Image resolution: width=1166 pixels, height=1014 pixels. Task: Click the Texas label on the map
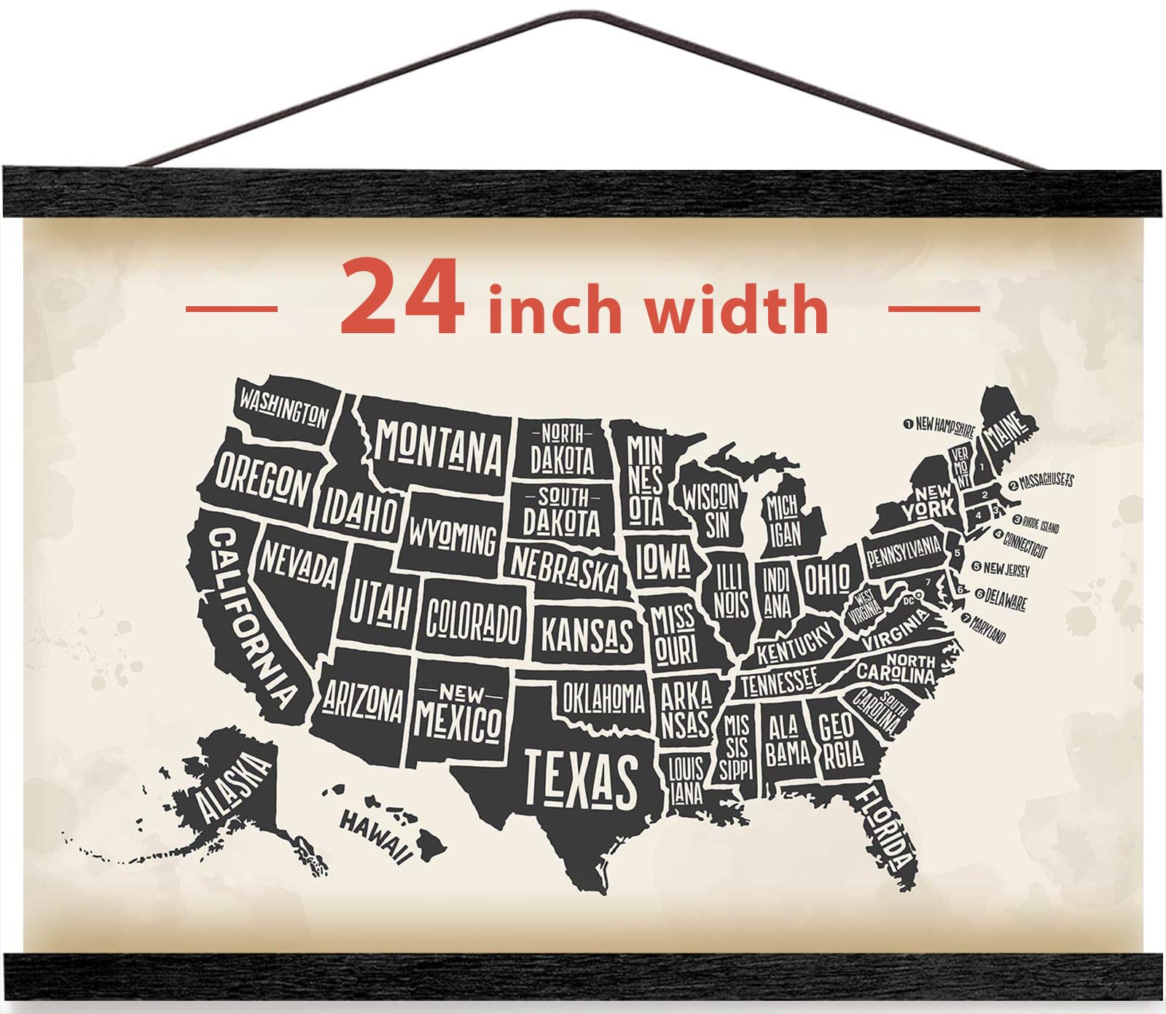[x=581, y=779]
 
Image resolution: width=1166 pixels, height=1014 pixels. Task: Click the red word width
[x=736, y=311]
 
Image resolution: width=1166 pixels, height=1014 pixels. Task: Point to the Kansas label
[x=587, y=634]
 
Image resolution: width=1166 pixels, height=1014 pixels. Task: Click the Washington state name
[x=284, y=409]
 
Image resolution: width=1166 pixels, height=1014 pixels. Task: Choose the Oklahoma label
[x=603, y=698]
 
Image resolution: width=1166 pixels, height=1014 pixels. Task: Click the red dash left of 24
[x=231, y=308]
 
